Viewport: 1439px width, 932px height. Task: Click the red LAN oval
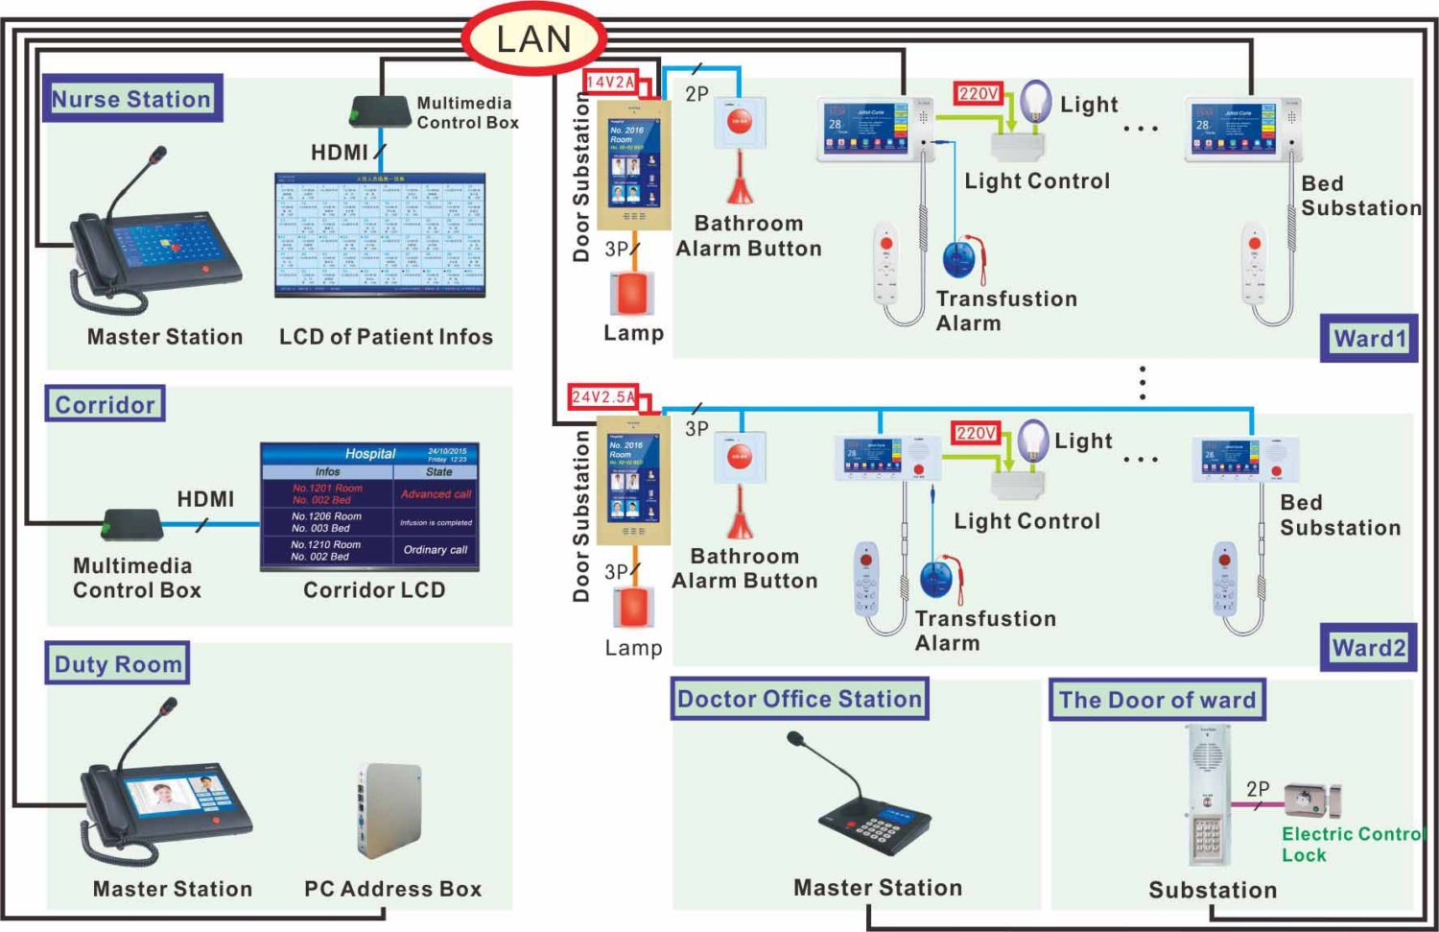pos(533,39)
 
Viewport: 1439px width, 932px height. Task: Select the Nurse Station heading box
pos(131,99)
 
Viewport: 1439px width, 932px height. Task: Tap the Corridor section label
pos(105,404)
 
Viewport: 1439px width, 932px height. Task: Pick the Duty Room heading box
pos(117,664)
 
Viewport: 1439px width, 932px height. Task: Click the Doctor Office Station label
pos(799,699)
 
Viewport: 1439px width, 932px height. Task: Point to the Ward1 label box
pos(1369,338)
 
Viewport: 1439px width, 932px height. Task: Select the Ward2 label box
pos(1368,648)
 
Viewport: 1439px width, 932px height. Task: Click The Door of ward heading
pos(1157,700)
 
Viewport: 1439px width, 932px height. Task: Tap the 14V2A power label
pos(611,83)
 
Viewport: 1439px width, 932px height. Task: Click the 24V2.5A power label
pos(603,396)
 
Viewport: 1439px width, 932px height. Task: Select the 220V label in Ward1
pos(979,93)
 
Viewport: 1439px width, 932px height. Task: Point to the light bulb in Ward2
pos(1033,440)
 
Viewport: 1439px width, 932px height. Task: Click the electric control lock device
pos(1311,800)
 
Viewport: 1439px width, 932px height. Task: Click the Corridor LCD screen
pos(369,507)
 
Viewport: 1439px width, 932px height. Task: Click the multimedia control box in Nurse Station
pos(380,111)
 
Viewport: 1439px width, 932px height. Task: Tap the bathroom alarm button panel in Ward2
pos(740,457)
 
